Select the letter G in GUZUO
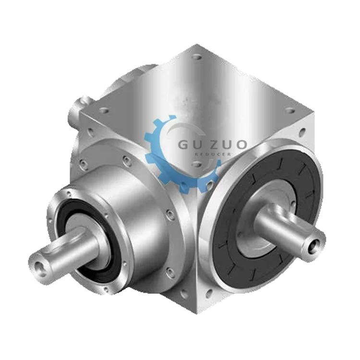(185, 144)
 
